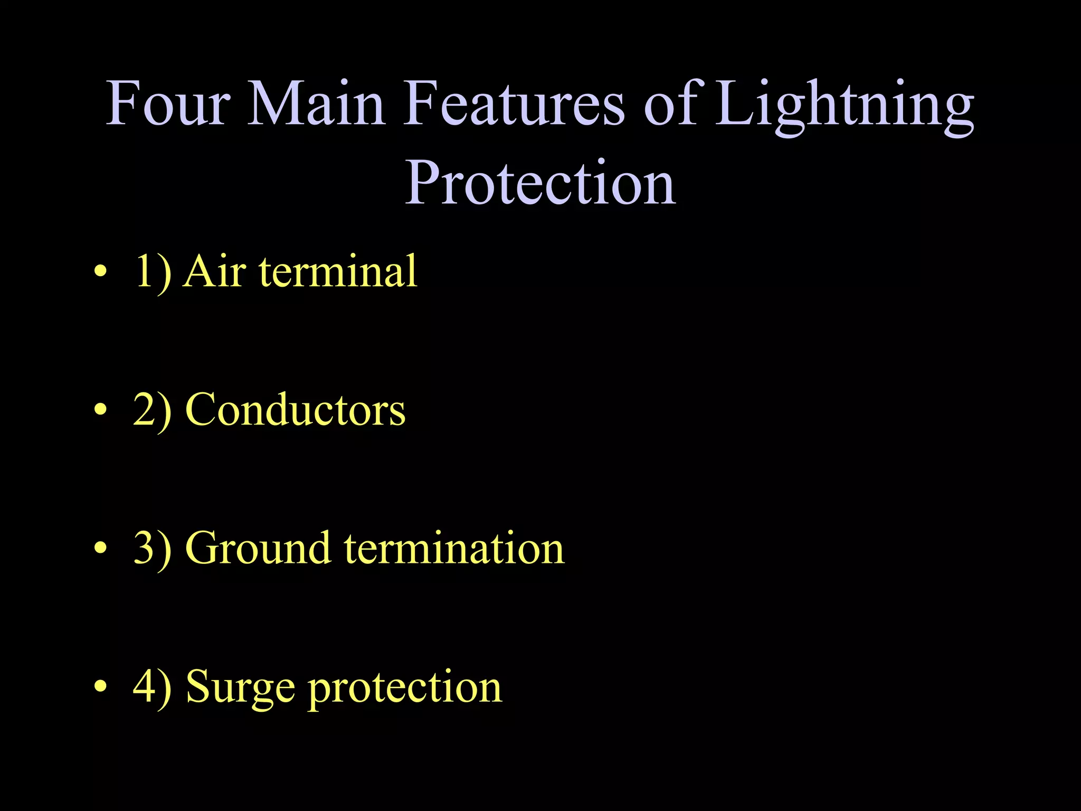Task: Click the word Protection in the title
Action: click(540, 182)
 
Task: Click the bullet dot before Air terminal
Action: click(100, 272)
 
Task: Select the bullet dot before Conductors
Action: click(100, 410)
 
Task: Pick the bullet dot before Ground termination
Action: click(100, 549)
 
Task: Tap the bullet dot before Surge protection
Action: click(100, 687)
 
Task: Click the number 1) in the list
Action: click(153, 271)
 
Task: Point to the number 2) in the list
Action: click(153, 410)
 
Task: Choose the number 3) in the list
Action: click(153, 549)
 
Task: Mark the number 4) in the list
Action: click(153, 687)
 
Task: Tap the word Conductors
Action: click(296, 410)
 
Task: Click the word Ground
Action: click(258, 549)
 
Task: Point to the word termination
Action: click(454, 549)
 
